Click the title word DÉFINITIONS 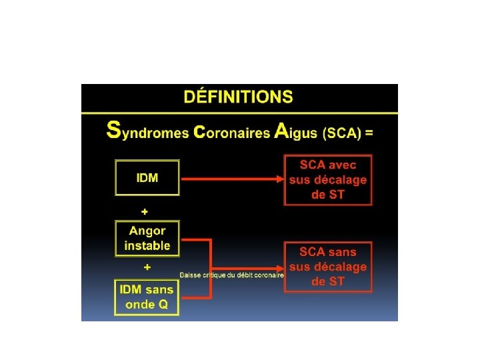(x=238, y=97)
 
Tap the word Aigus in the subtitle (x=297, y=131)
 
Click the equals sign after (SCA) (x=369, y=132)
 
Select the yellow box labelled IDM (x=147, y=177)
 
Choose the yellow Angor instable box (x=147, y=238)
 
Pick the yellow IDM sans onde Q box (x=147, y=297)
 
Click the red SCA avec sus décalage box (x=328, y=179)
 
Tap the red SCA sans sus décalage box (x=328, y=267)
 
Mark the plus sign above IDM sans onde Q (x=147, y=267)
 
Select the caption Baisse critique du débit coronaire (x=231, y=275)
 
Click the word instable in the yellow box (x=147, y=246)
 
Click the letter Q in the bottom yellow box (x=164, y=305)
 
